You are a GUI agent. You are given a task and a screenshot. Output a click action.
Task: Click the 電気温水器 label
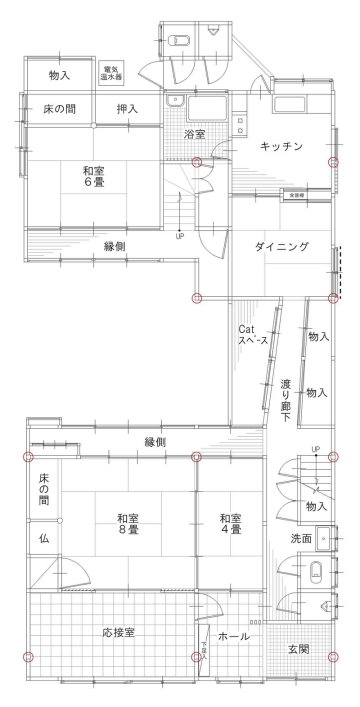tap(111, 72)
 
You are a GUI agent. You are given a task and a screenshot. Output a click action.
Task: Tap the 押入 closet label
tap(127, 108)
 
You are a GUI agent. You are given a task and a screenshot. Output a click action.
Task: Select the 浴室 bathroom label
tap(195, 134)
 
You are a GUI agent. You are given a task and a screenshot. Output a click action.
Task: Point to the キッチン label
tap(282, 146)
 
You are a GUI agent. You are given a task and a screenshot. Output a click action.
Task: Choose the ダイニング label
tap(280, 247)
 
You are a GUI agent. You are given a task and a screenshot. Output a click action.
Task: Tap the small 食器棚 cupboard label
tap(297, 195)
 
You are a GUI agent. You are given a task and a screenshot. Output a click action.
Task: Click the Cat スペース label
tap(250, 335)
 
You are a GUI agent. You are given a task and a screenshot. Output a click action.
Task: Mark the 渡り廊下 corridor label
tap(286, 394)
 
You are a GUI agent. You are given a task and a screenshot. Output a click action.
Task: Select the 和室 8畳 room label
tap(127, 525)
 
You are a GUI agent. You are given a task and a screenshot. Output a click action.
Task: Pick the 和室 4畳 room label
tap(231, 525)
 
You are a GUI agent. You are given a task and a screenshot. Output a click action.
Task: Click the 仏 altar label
tap(43, 538)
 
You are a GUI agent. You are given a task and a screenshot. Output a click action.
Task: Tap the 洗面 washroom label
tap(301, 539)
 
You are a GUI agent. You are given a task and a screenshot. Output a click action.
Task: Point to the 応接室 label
tap(118, 633)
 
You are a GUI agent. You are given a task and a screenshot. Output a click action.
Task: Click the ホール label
tap(233, 636)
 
